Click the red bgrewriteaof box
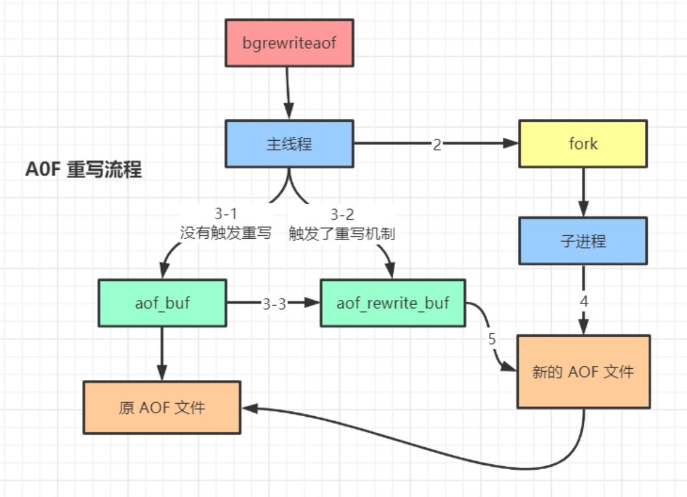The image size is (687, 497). (x=290, y=43)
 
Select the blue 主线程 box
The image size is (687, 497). (x=289, y=144)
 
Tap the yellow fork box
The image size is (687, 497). (x=583, y=144)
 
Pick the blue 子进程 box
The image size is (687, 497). (x=583, y=241)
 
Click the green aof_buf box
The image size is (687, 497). (x=163, y=303)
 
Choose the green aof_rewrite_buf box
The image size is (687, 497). (x=393, y=303)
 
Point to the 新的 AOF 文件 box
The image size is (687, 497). (x=583, y=372)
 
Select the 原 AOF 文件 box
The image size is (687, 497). (x=162, y=407)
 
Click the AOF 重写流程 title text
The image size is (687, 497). (x=84, y=170)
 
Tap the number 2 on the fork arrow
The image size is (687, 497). (x=437, y=144)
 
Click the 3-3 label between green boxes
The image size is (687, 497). (x=274, y=304)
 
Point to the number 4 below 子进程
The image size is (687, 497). (x=584, y=301)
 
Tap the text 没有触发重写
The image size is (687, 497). (x=225, y=233)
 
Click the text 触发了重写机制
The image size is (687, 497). (x=342, y=233)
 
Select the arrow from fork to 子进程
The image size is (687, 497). (x=583, y=192)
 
